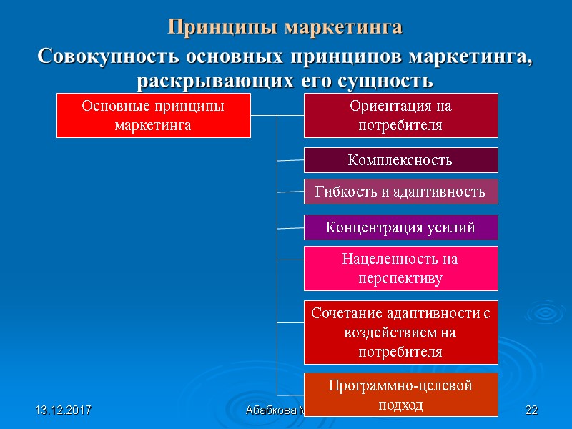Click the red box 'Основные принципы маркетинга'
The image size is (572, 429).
point(153,114)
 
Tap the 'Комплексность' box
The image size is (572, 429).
point(400,160)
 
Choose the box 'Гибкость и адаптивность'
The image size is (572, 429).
point(400,192)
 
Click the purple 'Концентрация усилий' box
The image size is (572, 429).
point(400,227)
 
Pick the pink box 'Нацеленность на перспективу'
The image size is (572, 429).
point(400,268)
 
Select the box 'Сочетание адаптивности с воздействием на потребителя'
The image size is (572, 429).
point(400,332)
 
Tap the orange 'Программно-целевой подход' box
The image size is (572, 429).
point(400,395)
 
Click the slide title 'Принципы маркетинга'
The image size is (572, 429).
point(285,27)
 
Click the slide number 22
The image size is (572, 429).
point(531,410)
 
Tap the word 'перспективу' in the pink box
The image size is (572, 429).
point(400,277)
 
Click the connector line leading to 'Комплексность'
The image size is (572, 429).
point(290,160)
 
